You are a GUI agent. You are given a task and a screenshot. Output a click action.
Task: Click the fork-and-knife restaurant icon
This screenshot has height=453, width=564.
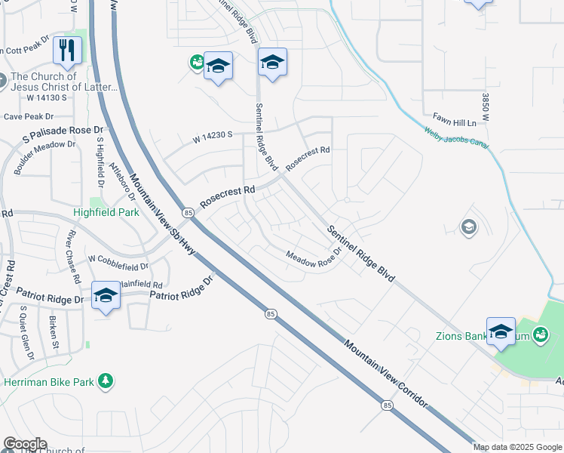pos(68,51)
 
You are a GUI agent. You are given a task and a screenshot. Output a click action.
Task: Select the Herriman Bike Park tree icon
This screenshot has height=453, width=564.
pos(107,381)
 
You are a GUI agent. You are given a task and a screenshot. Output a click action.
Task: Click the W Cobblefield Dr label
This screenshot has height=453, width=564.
pos(118,263)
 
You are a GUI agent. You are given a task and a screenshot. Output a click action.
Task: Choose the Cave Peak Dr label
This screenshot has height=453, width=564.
pos(29,116)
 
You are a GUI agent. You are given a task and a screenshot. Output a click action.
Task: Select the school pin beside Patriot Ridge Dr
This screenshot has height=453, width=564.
pos(106,296)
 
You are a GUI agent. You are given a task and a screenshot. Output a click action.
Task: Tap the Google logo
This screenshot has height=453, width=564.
pos(24,444)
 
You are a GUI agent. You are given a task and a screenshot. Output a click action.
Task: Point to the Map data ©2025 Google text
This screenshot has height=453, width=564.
pos(518,447)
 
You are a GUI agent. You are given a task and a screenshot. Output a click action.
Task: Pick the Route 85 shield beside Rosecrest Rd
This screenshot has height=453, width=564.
pos(189,213)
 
